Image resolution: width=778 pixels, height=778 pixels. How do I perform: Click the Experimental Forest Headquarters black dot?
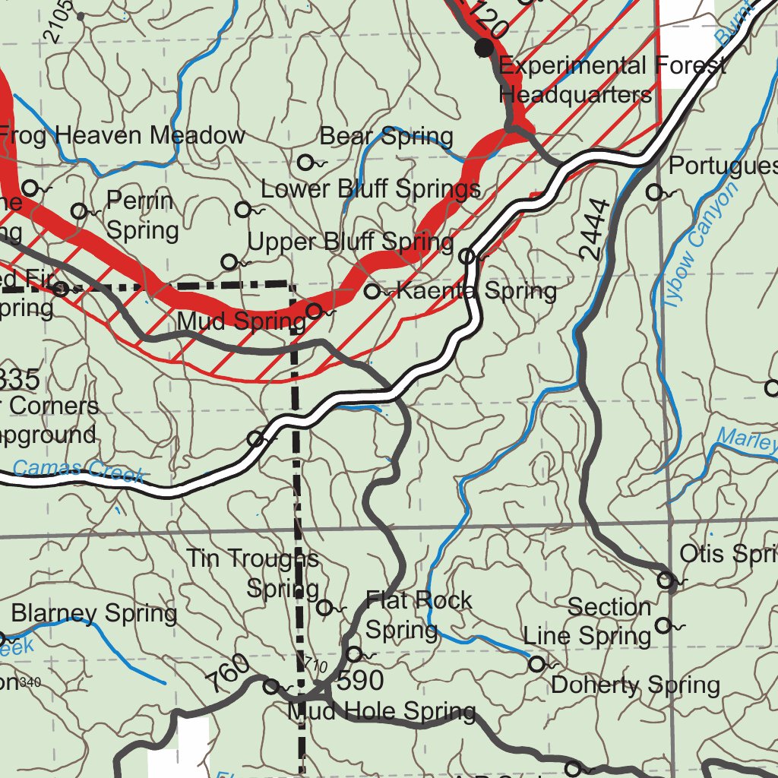pos(484,49)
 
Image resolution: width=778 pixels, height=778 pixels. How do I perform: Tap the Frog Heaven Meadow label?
pos(122,135)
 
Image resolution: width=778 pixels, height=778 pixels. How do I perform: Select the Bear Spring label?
pos(386,137)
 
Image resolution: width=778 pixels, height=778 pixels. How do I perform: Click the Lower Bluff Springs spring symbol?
pos(244,210)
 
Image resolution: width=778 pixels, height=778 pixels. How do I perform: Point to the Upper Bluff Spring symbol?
pos(229,262)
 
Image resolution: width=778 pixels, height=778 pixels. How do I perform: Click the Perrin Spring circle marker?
pos(79,211)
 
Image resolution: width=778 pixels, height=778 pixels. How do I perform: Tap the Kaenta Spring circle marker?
pos(372,291)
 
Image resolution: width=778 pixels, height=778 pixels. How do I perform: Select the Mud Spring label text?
pos(241,321)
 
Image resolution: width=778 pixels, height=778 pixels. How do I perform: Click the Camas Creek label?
pos(78,471)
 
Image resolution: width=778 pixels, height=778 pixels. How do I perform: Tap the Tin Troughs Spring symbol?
pos(324,607)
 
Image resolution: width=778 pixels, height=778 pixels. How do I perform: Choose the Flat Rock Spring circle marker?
pos(354,653)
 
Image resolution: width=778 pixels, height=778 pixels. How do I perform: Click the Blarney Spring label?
pos(94,612)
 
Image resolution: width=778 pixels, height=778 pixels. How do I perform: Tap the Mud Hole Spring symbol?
pos(270,687)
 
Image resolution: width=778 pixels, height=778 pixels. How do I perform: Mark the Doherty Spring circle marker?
pos(536,664)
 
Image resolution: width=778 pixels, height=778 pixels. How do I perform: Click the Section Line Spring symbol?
pos(663,625)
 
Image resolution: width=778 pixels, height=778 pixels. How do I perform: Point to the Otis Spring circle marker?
pos(666,581)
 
